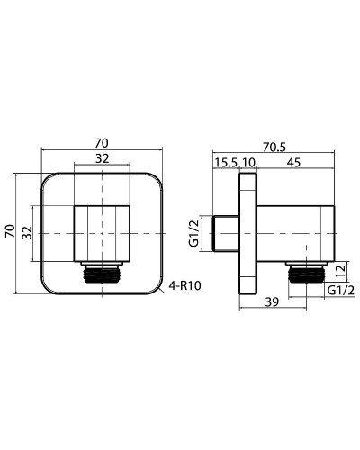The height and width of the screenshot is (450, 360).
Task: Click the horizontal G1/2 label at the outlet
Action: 338,291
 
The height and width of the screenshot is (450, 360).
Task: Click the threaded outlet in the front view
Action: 103,273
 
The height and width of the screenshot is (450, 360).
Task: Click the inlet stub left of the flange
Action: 226,234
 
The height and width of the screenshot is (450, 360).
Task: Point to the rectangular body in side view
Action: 292,233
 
